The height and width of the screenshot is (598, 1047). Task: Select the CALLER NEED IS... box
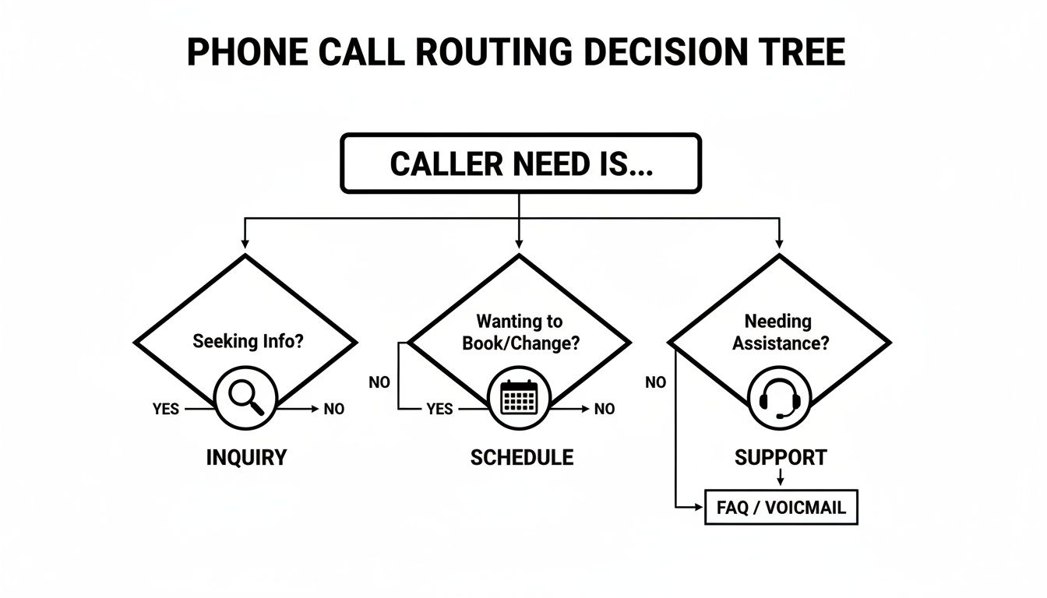(520, 164)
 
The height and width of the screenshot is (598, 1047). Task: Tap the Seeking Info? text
(248, 341)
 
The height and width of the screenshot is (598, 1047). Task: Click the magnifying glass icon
(245, 399)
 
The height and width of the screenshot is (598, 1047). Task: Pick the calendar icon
(520, 399)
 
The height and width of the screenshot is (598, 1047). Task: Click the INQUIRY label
(246, 458)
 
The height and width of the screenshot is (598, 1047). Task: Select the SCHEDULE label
(521, 458)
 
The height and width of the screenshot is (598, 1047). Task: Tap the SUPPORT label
(781, 458)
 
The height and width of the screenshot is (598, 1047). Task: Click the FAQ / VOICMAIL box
(781, 508)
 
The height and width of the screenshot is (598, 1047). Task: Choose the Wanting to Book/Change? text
(520, 332)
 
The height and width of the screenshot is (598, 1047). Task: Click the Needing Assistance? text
(780, 332)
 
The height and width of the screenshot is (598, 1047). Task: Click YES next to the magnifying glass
(166, 409)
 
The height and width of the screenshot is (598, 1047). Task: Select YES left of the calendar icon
(440, 409)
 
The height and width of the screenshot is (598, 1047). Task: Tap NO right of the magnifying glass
(333, 409)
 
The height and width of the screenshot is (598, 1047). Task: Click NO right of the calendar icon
(605, 409)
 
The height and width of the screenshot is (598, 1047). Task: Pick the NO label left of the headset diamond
(656, 382)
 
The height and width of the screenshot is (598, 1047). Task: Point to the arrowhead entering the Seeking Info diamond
(245, 244)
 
